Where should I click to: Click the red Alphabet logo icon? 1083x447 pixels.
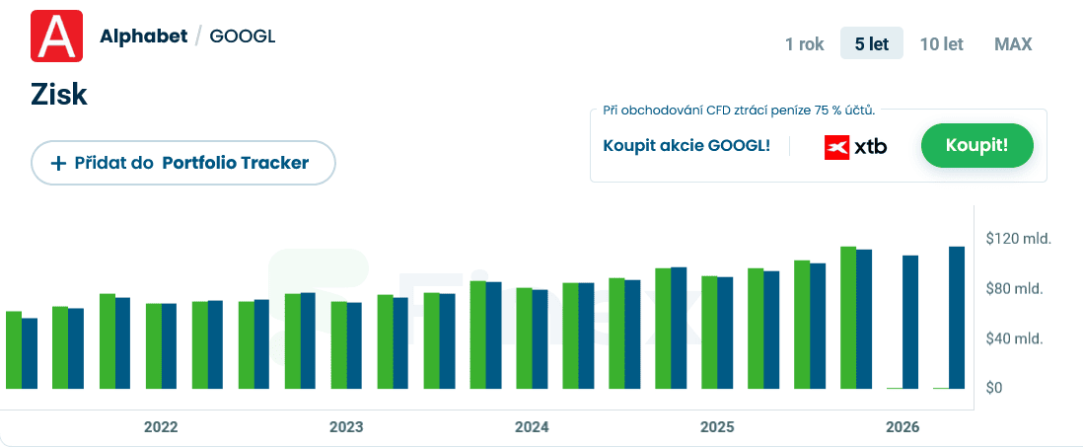(56, 37)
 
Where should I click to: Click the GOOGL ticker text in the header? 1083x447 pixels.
(243, 37)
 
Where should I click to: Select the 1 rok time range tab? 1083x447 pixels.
(804, 43)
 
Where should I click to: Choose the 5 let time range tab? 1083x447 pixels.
(871, 43)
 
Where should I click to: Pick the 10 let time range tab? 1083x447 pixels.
(941, 43)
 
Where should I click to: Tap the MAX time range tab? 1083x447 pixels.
(1013, 43)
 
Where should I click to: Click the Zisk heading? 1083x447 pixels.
(60, 95)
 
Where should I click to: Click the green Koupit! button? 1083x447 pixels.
(976, 146)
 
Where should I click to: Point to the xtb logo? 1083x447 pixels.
(855, 147)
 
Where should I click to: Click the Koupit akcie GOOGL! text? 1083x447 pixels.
(686, 146)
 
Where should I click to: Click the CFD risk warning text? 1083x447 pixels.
(739, 111)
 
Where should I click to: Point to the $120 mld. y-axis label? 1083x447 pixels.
(1019, 239)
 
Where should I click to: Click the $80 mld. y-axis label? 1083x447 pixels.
(1015, 288)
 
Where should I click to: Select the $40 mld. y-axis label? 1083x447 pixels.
(1015, 338)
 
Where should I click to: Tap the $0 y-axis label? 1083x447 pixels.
(994, 388)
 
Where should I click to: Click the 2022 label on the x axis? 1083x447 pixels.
(161, 427)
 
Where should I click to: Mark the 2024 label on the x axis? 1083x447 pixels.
(532, 427)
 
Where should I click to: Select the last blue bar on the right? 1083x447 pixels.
(957, 317)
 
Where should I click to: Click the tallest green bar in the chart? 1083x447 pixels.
(847, 317)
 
